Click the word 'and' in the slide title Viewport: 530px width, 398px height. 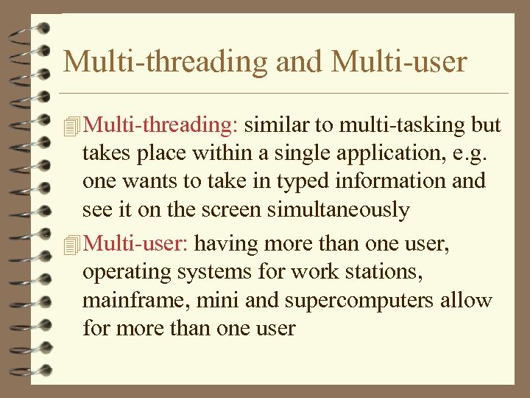300,61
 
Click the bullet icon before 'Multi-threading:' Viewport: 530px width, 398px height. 71,126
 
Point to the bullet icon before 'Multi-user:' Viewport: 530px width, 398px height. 71,243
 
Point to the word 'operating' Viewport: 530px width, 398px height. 128,271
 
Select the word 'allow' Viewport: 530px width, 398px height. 465,300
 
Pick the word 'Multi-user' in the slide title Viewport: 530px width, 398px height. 399,61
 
